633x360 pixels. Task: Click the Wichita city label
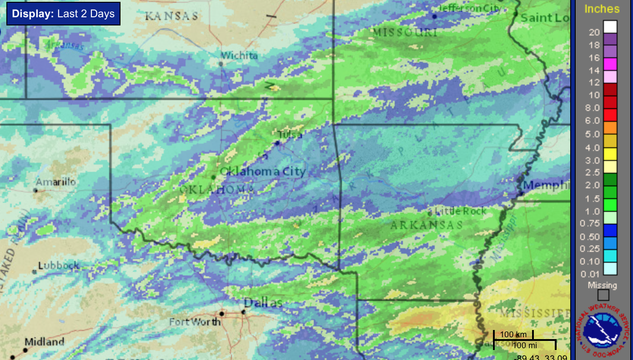[x=239, y=55]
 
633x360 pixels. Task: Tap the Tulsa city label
[x=290, y=135]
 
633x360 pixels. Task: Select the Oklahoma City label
[x=262, y=171]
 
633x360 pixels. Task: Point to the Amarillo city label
[x=56, y=182]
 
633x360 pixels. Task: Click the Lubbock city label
[x=59, y=265]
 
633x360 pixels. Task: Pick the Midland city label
[x=44, y=342]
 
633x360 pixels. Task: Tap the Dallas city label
[x=263, y=302]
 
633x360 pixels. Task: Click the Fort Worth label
[x=195, y=322]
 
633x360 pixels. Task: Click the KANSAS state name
[x=171, y=16]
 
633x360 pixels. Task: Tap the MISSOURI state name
[x=405, y=32]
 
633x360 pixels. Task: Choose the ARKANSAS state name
[x=426, y=225]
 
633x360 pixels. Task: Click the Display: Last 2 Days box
[x=63, y=14]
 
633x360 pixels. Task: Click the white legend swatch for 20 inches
[x=610, y=27]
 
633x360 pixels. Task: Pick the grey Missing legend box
[x=603, y=295]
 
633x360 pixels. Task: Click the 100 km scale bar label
[x=513, y=335]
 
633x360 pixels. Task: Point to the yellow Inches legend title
[x=602, y=9]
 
